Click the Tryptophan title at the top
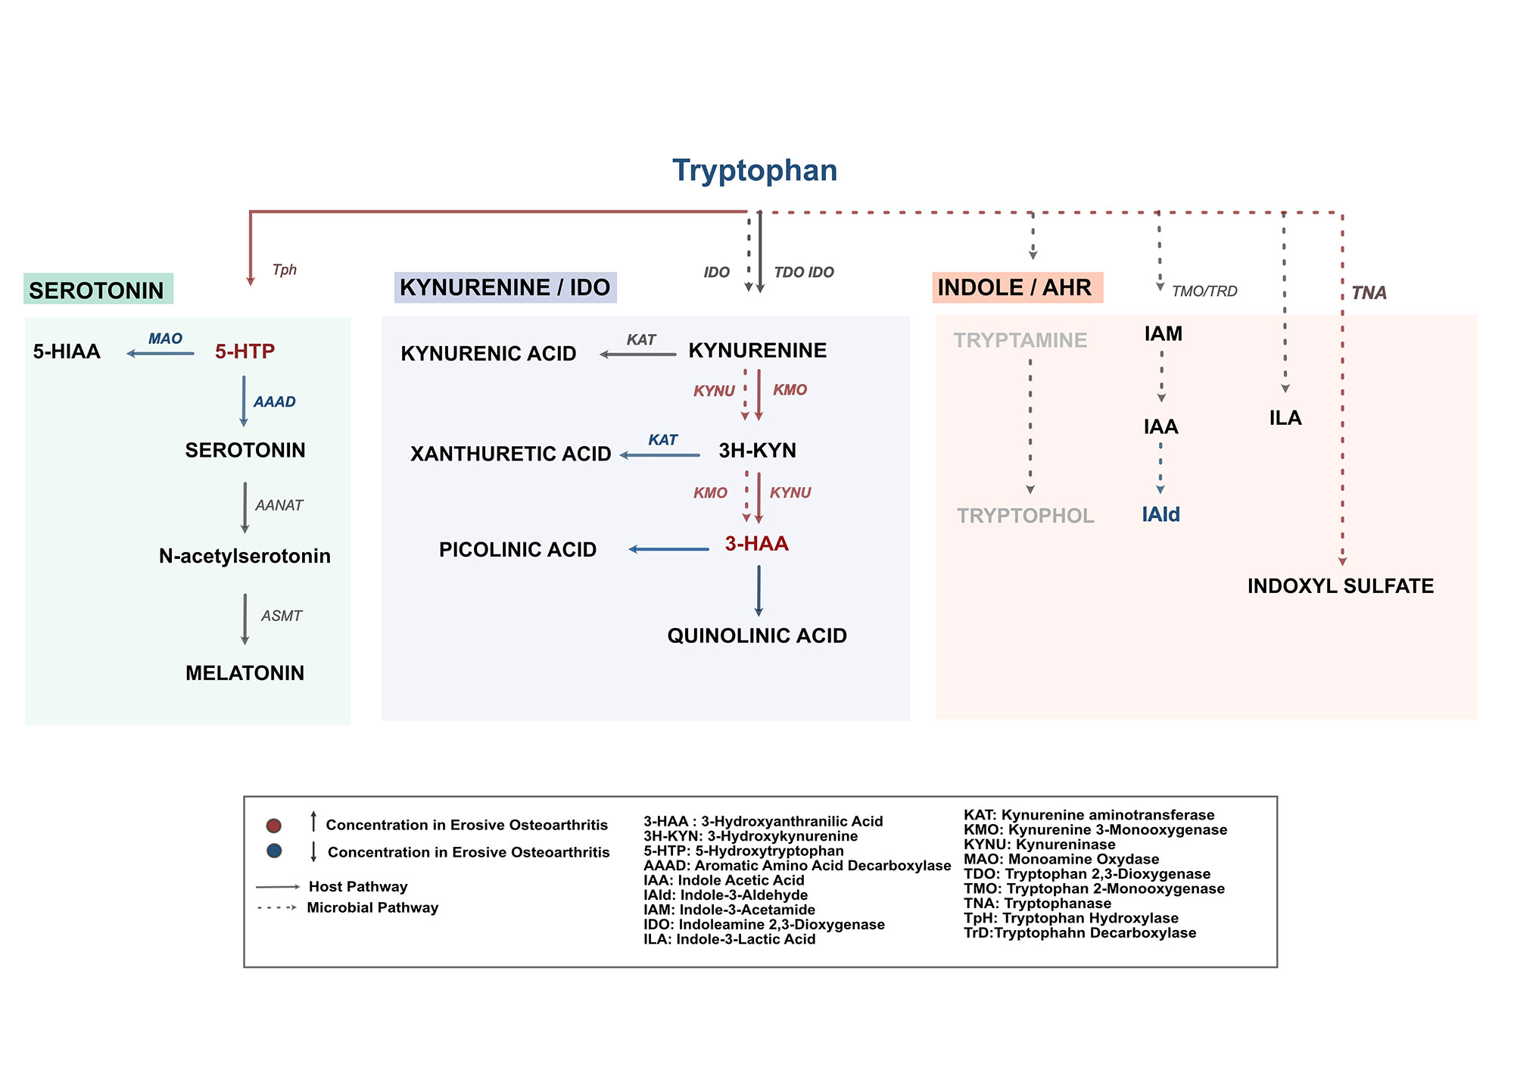755,170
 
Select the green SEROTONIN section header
98,290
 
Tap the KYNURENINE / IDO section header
505,288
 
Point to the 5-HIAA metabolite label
67,351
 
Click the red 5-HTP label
245,351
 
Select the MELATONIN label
245,673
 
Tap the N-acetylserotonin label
245,556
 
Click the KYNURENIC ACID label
488,354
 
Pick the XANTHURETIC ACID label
510,454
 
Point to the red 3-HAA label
756,544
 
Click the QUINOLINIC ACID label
757,635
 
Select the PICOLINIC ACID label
518,550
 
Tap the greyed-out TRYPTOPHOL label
1025,516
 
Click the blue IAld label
1160,515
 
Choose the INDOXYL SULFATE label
1341,586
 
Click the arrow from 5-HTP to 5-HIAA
160,354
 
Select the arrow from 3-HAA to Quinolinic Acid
759,591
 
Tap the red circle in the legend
274,826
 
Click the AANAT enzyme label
279,505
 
